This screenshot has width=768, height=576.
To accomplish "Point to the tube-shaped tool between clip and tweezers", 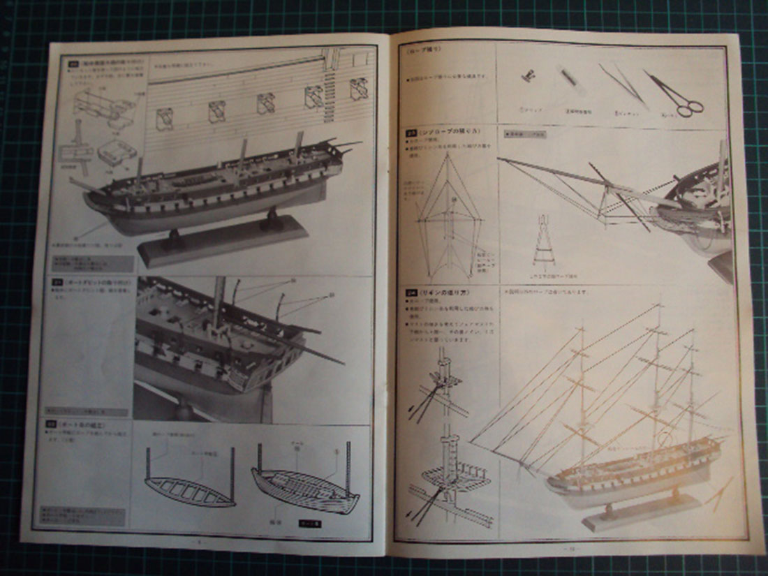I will [x=569, y=84].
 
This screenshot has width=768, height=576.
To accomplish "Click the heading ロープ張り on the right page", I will [x=422, y=50].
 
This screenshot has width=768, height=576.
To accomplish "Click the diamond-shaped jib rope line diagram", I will [x=448, y=213].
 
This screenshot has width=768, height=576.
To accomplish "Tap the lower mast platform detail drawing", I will [x=447, y=478].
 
